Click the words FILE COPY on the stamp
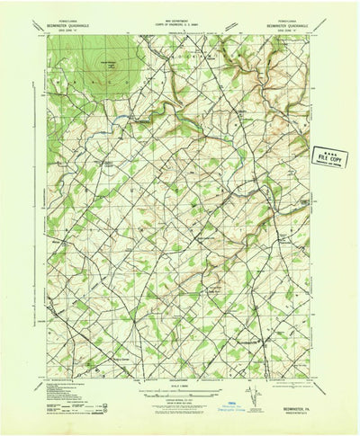[x=329, y=156]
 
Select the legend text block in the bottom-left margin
[x=82, y=392]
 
